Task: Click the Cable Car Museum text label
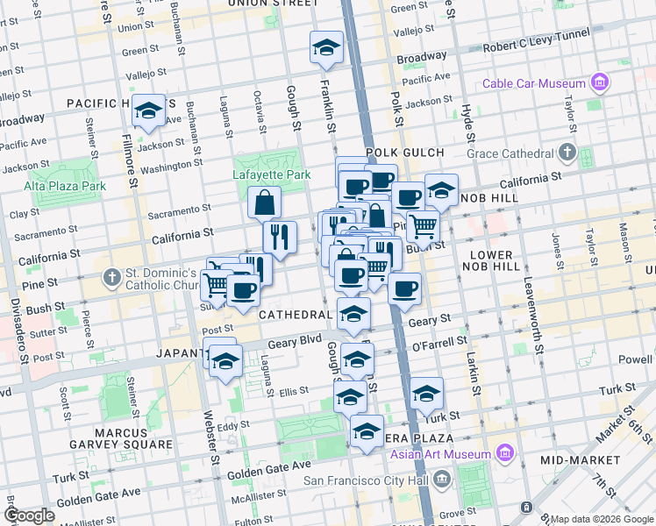[534, 84]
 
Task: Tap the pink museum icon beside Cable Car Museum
[600, 84]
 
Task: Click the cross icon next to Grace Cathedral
[567, 154]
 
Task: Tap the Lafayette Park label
[272, 174]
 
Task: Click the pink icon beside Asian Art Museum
[504, 453]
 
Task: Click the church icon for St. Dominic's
[111, 279]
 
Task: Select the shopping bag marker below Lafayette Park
[264, 203]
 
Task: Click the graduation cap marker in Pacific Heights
[149, 110]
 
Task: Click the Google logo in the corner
[29, 515]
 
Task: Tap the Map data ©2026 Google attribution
[602, 519]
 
